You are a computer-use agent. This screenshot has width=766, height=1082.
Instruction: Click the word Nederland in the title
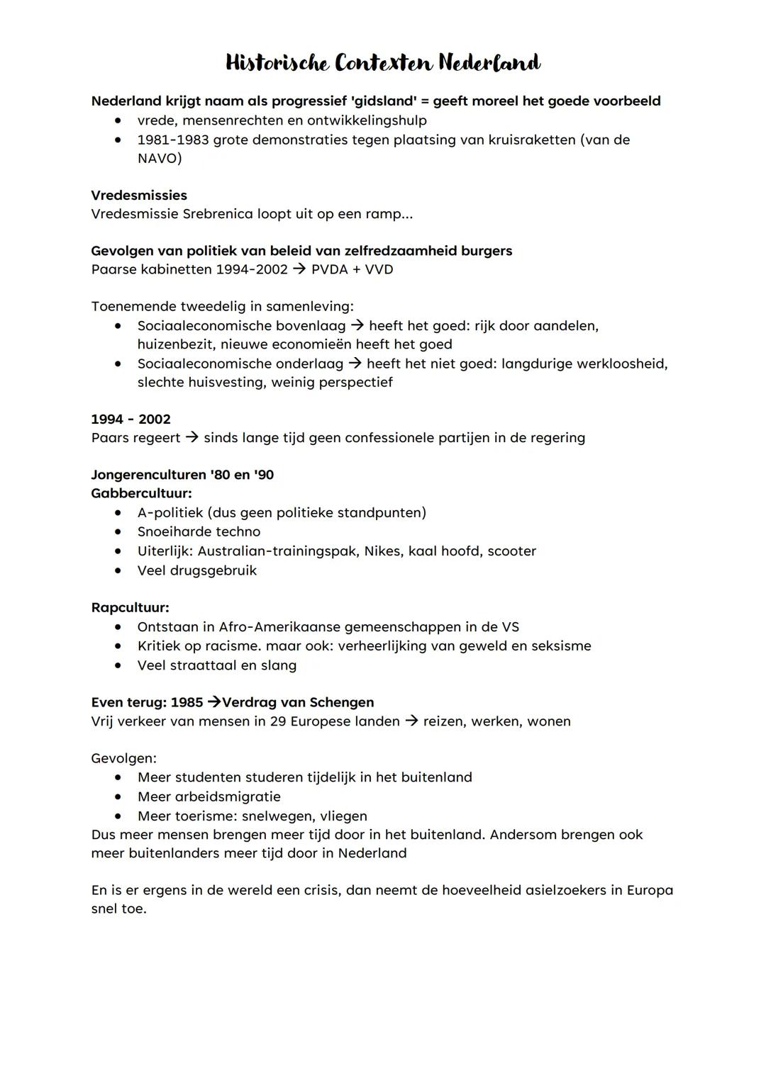pyautogui.click(x=489, y=63)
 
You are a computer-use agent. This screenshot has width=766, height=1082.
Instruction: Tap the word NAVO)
pyautogui.click(x=160, y=158)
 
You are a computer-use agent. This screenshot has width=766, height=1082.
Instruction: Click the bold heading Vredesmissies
pyautogui.click(x=139, y=196)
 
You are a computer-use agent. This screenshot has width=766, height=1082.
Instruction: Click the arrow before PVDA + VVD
pyautogui.click(x=299, y=269)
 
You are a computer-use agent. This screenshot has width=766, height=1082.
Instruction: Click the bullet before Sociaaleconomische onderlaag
pyautogui.click(x=118, y=364)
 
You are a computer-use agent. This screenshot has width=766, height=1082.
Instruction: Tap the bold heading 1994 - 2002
pyautogui.click(x=131, y=419)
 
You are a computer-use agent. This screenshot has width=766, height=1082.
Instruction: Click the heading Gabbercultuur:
pyautogui.click(x=142, y=493)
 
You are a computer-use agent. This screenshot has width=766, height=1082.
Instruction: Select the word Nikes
pyautogui.click(x=383, y=551)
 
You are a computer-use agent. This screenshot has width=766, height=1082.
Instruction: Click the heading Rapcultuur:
pyautogui.click(x=131, y=608)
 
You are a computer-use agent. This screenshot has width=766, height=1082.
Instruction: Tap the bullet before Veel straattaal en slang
pyautogui.click(x=118, y=665)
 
